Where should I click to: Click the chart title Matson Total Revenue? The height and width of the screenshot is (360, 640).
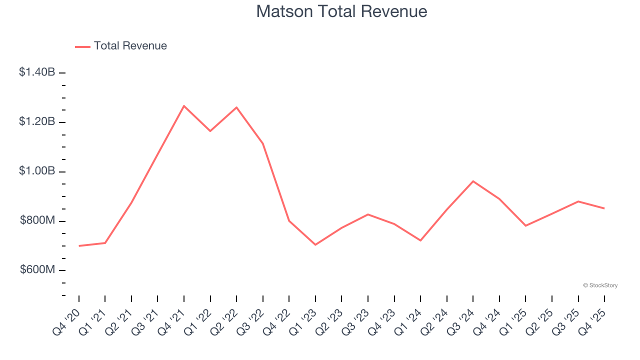tap(341, 11)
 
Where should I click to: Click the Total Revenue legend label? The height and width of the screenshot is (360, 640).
tap(130, 46)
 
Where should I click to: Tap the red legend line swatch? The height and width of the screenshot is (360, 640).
tap(82, 46)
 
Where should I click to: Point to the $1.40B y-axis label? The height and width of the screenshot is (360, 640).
tap(37, 72)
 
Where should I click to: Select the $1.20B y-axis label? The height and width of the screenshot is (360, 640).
tap(37, 121)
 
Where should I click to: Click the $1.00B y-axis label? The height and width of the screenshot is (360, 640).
tap(37, 171)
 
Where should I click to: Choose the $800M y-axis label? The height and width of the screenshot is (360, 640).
tap(37, 220)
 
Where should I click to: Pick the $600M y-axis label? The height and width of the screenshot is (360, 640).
tap(37, 270)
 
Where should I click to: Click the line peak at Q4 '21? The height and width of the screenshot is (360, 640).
tap(184, 106)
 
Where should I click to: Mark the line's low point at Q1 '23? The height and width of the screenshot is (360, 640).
tap(315, 244)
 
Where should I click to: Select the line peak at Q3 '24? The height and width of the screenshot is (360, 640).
tap(473, 181)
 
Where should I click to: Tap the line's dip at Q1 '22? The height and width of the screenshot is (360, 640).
tap(210, 131)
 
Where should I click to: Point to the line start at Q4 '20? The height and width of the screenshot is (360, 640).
tap(79, 246)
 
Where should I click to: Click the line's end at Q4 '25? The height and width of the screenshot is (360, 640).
tap(604, 208)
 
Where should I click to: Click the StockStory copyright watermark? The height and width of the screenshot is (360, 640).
tap(600, 285)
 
